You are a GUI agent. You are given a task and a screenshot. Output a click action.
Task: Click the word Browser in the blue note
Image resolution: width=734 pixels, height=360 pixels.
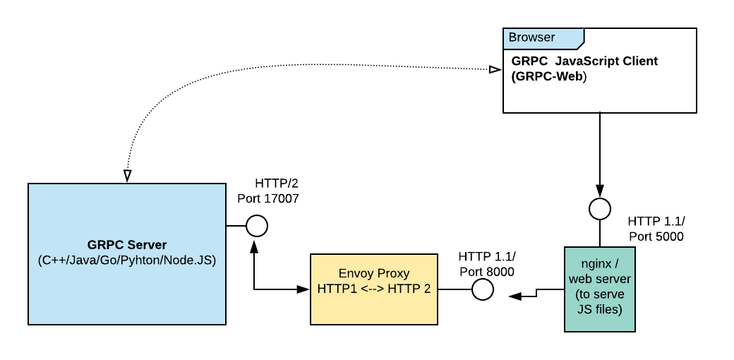click(531, 37)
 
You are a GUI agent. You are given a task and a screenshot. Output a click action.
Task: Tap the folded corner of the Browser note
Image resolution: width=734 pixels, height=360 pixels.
click(579, 45)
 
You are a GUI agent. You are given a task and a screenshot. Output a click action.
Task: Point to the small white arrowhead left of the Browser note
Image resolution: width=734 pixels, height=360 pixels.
click(494, 70)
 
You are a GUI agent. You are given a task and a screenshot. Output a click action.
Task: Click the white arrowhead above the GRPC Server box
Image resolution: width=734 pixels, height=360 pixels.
click(128, 174)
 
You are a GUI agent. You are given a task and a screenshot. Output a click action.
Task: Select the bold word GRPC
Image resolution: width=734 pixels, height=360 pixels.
click(104, 245)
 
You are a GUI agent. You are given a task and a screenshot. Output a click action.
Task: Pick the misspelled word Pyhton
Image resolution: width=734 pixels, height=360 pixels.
click(150, 260)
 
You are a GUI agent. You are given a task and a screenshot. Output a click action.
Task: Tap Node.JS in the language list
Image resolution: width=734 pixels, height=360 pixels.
click(193, 260)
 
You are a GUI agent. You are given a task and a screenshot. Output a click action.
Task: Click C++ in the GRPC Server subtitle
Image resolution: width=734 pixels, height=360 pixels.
click(53, 260)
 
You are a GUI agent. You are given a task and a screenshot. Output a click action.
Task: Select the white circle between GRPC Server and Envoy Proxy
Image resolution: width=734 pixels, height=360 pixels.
click(257, 226)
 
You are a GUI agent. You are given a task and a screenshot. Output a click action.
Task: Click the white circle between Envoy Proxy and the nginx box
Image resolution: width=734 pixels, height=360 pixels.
click(483, 289)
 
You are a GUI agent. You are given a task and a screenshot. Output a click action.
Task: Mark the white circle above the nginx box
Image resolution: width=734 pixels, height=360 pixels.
click(600, 209)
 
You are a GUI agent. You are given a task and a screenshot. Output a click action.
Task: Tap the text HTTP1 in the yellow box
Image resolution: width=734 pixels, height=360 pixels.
click(337, 289)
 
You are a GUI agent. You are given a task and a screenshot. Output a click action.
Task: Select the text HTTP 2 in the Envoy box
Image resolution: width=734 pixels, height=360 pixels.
click(411, 289)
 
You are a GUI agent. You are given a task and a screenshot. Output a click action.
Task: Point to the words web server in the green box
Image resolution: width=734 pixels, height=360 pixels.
click(600, 279)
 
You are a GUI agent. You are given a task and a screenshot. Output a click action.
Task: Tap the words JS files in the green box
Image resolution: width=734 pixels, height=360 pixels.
click(600, 309)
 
